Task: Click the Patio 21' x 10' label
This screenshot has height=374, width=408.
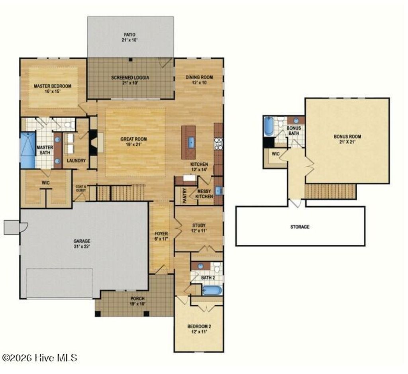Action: click(x=130, y=37)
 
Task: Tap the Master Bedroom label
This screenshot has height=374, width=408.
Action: click(x=52, y=88)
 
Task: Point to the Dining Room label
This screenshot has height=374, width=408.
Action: click(x=199, y=80)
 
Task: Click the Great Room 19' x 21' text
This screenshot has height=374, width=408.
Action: click(x=133, y=142)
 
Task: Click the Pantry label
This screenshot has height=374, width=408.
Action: click(x=185, y=196)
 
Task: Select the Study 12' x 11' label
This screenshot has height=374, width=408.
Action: click(x=199, y=228)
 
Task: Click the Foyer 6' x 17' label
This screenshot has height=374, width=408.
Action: click(x=161, y=236)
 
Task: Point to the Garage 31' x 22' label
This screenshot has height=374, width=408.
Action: click(x=82, y=243)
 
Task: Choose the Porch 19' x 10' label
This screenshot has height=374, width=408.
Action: click(x=137, y=301)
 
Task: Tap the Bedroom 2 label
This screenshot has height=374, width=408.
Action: click(x=199, y=329)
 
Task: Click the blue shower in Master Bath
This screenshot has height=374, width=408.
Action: click(x=28, y=150)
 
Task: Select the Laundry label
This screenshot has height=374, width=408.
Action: click(x=76, y=161)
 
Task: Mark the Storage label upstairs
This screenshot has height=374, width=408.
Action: click(x=300, y=227)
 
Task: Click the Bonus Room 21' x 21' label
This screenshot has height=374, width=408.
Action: click(x=347, y=139)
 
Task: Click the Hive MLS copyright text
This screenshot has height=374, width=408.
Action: click(x=39, y=357)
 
